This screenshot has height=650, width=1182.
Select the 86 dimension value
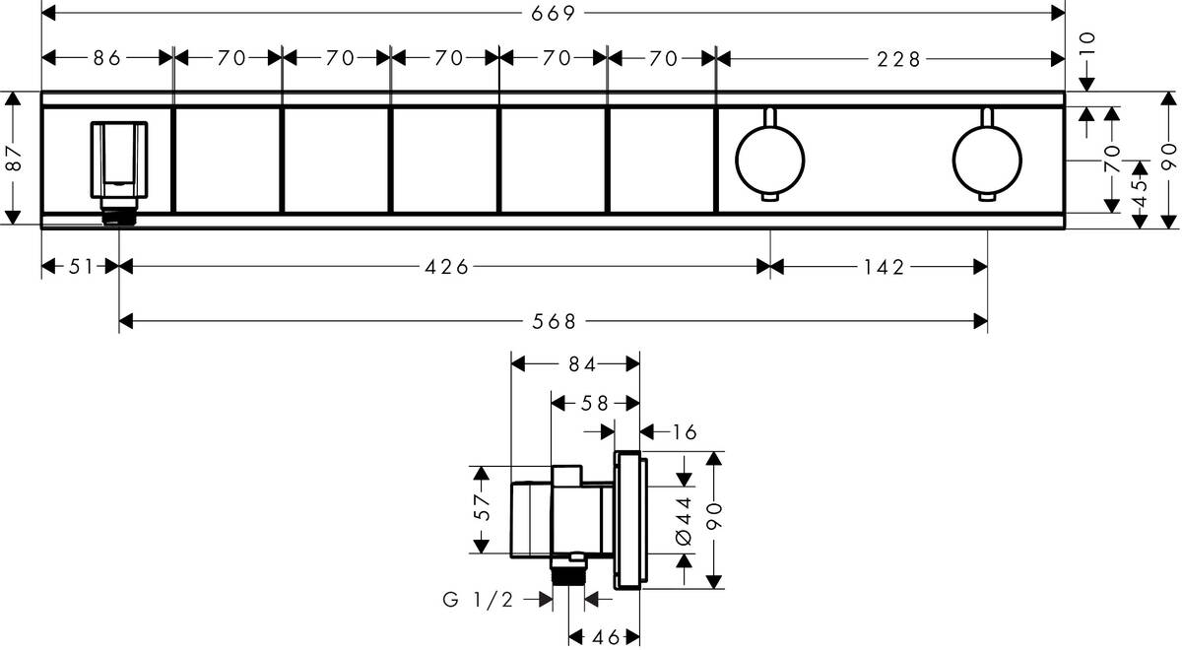point(106,58)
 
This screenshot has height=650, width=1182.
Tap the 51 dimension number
point(79,267)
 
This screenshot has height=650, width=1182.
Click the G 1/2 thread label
point(478,599)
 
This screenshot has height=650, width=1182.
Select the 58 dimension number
point(595,402)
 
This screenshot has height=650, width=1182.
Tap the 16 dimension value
point(685,431)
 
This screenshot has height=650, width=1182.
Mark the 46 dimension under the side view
point(605,637)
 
